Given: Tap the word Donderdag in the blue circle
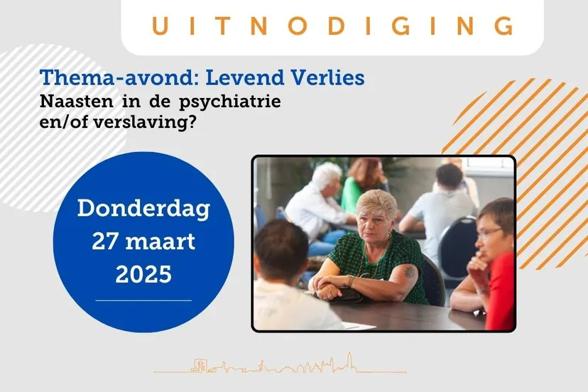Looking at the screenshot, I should tap(143, 209).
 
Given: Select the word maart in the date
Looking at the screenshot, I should tap(163, 241).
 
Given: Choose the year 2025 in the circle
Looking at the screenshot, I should tap(143, 274).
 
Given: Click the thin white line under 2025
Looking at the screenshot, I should tap(143, 300).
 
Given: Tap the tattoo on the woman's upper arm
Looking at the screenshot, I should tap(410, 272).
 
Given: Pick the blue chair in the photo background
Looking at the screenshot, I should tap(457, 241).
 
